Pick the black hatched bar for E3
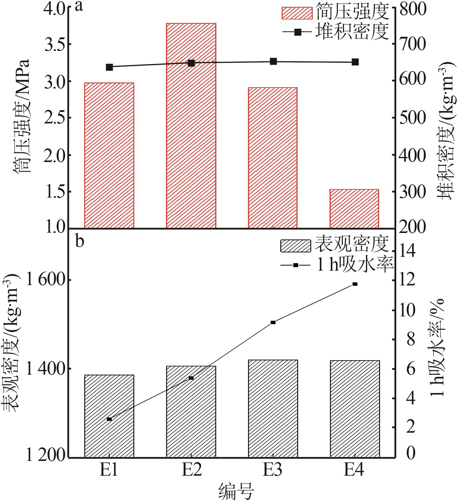pyautogui.click(x=273, y=408)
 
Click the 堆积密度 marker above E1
pyautogui.click(x=109, y=67)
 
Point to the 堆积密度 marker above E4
pyautogui.click(x=355, y=62)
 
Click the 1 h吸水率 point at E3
pyautogui.click(x=273, y=322)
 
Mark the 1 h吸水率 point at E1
pyautogui.click(x=109, y=419)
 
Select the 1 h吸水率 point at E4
pyautogui.click(x=355, y=284)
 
